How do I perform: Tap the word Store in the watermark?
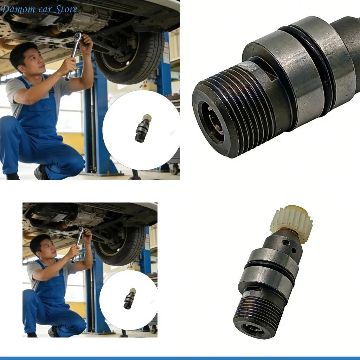pos(66,9)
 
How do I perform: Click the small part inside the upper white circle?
pos(143,128)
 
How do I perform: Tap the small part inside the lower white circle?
pos(129,298)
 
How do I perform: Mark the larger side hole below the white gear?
pos(285,242)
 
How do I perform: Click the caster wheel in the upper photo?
pos(174,169)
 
